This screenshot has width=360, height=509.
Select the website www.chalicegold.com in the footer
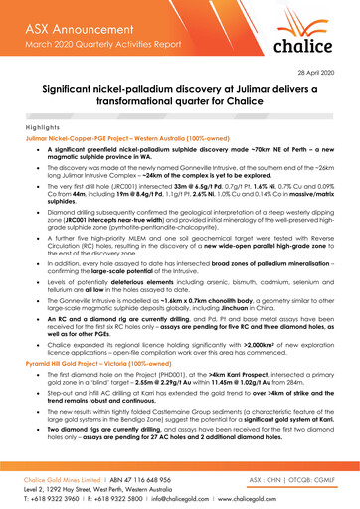(x=292, y=489)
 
